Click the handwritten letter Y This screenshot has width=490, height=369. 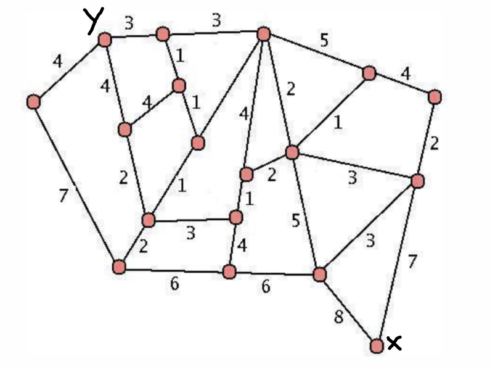[x=94, y=21]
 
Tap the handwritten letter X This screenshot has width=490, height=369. [x=394, y=344]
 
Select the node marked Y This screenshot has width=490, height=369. [x=104, y=40]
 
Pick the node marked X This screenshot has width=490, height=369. [x=377, y=346]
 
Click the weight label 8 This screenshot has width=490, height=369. [x=338, y=318]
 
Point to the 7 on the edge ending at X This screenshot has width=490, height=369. [x=412, y=261]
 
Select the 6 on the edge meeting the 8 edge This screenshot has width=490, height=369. [x=266, y=288]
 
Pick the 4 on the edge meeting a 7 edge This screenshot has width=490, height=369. [x=57, y=62]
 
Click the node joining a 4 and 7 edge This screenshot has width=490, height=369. [x=33, y=101]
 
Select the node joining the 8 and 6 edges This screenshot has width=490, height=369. [x=319, y=274]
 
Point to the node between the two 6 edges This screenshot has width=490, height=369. [x=229, y=272]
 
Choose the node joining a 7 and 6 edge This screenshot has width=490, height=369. [x=119, y=267]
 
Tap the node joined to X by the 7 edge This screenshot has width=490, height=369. [x=417, y=181]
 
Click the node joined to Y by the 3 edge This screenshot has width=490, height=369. [x=163, y=34]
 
